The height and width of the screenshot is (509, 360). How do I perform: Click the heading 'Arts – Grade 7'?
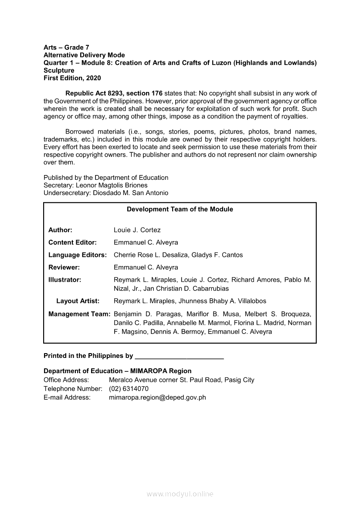tap(66, 47)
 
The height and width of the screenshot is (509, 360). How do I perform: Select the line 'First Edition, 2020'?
tap(72, 78)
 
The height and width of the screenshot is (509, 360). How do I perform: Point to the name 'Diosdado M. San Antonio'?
tap(130, 193)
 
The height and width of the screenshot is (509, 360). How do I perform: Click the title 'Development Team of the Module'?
tap(180, 209)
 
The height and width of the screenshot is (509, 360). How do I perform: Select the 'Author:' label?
tap(60, 230)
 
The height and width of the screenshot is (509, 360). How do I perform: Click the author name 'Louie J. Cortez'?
tap(137, 230)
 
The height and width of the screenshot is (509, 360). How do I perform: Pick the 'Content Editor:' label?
tap(72, 243)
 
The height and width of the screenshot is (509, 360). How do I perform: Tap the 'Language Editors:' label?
tap(77, 255)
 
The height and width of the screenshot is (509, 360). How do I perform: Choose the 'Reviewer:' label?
tap(64, 267)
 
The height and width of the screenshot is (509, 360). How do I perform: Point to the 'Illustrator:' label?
tap(65, 280)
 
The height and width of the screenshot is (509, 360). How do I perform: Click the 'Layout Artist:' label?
tap(78, 301)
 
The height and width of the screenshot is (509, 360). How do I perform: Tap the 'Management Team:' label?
tap(79, 314)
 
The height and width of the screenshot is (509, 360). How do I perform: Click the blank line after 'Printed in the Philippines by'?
tap(180, 356)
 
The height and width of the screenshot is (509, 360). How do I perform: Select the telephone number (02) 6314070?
tap(129, 388)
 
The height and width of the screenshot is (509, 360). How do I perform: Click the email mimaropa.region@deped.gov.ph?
tap(157, 397)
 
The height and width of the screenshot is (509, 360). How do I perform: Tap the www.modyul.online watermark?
tap(180, 494)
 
